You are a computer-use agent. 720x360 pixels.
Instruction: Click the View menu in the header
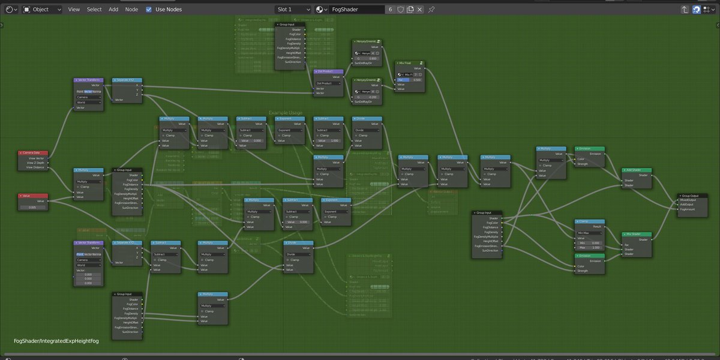pyautogui.click(x=74, y=10)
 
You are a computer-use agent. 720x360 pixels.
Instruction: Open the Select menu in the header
pyautogui.click(x=94, y=10)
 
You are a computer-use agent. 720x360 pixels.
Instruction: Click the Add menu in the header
pyautogui.click(x=113, y=10)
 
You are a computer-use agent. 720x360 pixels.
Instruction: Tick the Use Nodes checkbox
pyautogui.click(x=149, y=10)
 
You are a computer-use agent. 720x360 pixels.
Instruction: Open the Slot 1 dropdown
pyautogui.click(x=293, y=10)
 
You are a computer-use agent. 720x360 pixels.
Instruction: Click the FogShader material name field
pyautogui.click(x=356, y=10)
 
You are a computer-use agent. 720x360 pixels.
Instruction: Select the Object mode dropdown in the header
pyautogui.click(x=43, y=10)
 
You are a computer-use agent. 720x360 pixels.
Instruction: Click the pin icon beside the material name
pyautogui.click(x=431, y=10)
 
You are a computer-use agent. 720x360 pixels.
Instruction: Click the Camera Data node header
pyautogui.click(x=33, y=153)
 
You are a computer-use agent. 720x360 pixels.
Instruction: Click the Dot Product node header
pyautogui.click(x=328, y=71)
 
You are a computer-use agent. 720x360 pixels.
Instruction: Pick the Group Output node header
pyautogui.click(x=692, y=196)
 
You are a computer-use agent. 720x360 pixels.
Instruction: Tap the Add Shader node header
pyautogui.click(x=636, y=170)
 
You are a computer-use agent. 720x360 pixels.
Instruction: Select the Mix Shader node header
pyautogui.click(x=636, y=234)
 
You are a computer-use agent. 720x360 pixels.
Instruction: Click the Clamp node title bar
pyautogui.click(x=589, y=221)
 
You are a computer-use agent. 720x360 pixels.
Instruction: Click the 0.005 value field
pyautogui.click(x=33, y=207)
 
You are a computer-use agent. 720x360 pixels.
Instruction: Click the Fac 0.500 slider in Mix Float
pyautogui.click(x=410, y=79)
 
